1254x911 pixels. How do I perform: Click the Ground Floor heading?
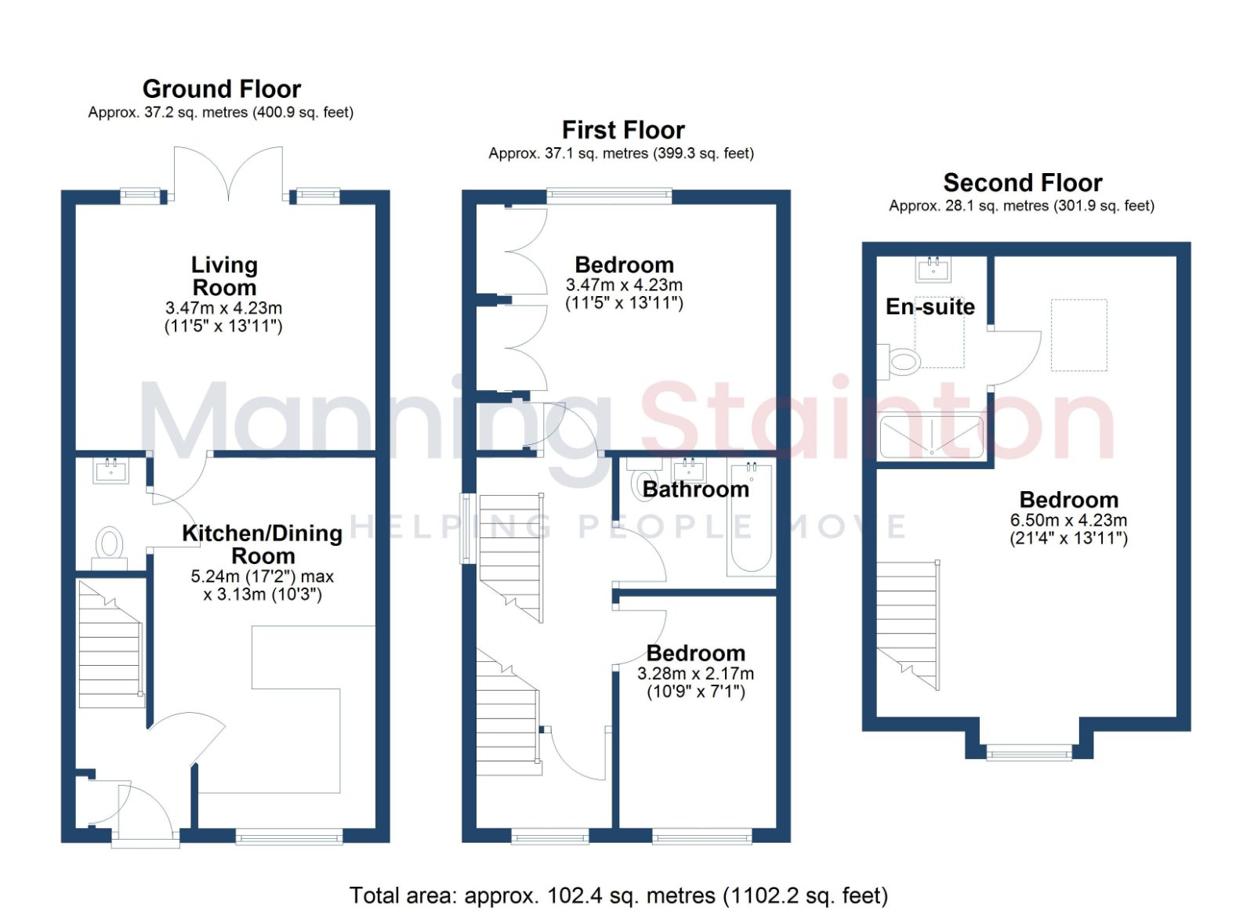[x=222, y=89]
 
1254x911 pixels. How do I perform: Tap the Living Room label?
[x=224, y=276]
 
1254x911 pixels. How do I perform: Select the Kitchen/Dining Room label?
[x=262, y=544]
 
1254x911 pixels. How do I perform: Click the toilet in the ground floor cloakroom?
[x=110, y=542]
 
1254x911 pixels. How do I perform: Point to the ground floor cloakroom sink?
[x=111, y=471]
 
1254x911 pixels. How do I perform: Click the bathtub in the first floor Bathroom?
[x=752, y=518]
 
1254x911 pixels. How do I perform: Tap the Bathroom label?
[x=695, y=490]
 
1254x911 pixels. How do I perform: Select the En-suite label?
[x=930, y=306]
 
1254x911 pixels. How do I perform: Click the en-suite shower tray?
[x=932, y=436]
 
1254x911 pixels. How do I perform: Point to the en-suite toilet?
[x=899, y=361]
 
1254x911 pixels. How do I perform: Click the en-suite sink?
[x=933, y=269]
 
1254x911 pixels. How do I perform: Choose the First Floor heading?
[x=623, y=130]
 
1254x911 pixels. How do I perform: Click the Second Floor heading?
[x=1023, y=183]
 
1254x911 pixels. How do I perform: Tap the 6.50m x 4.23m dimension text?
[x=1068, y=520]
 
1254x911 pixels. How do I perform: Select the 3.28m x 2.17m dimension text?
[x=695, y=674]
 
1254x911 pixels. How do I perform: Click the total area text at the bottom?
[x=618, y=896]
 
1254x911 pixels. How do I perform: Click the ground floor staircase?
[x=111, y=644]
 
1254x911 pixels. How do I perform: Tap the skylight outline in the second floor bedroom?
[x=1078, y=335]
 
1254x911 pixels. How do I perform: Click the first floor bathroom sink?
[x=689, y=470]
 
